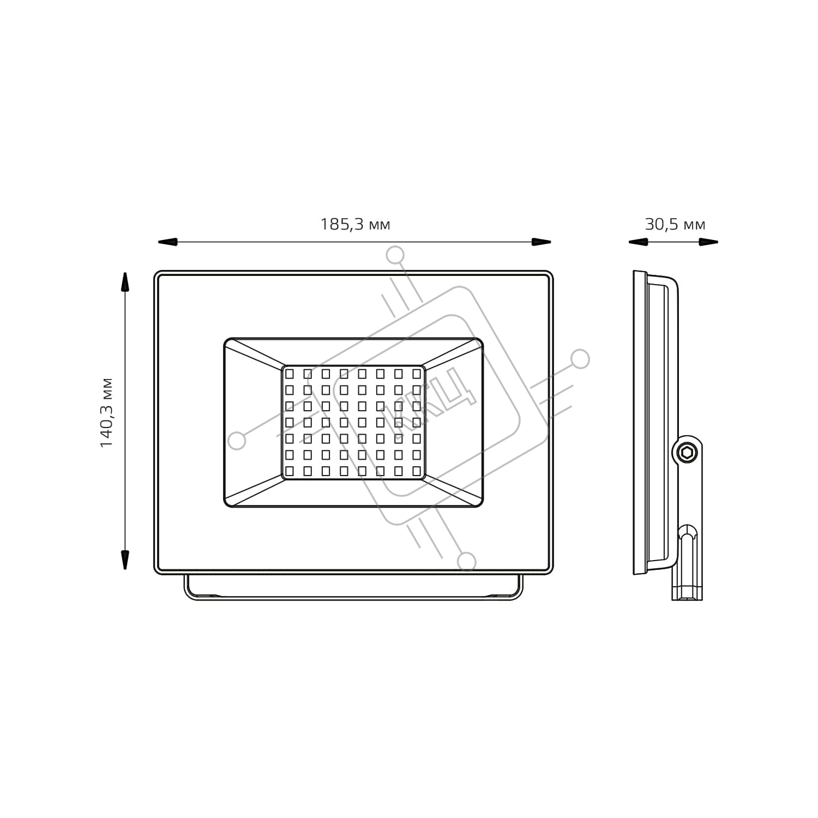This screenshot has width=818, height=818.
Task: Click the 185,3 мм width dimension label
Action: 355,224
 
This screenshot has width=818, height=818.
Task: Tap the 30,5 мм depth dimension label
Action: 675,224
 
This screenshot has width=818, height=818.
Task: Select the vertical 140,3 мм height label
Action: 106,413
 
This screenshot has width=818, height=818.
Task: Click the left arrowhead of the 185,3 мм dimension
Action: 168,242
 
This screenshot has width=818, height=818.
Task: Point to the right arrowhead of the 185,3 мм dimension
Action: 541,242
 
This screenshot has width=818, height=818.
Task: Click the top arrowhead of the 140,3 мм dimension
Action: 125,282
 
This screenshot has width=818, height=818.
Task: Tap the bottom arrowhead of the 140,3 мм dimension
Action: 125,560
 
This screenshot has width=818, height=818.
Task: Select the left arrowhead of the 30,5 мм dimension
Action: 638,242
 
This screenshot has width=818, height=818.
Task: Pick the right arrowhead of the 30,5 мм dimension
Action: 708,242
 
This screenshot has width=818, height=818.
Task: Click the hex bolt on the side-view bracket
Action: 687,452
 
